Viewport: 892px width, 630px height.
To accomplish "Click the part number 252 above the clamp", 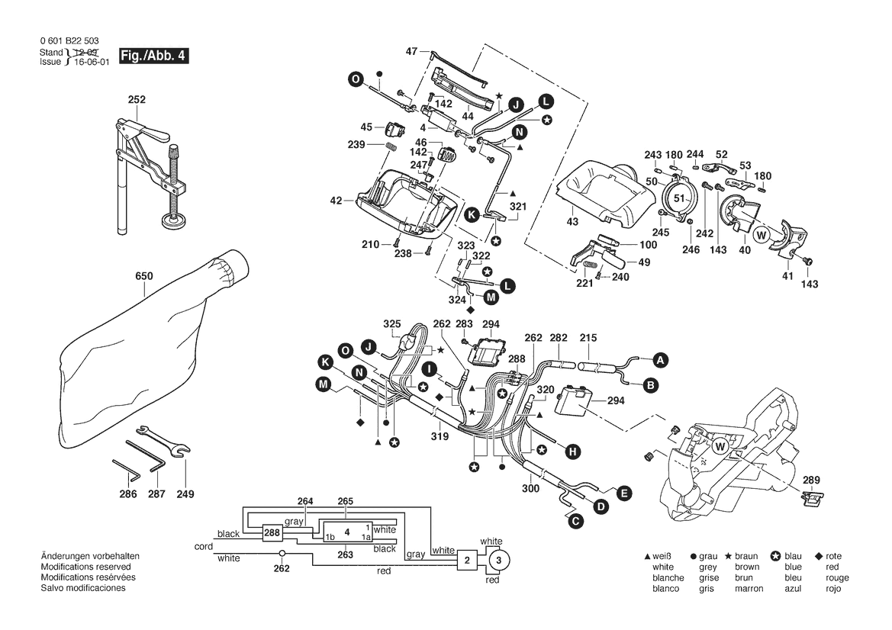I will click(x=137, y=100).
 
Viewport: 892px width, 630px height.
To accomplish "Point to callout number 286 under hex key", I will click(x=128, y=494).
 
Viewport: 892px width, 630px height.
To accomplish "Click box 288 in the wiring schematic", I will click(x=272, y=533).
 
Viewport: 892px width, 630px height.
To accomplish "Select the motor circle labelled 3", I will click(x=498, y=561).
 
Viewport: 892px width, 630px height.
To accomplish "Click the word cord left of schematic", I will click(x=204, y=547).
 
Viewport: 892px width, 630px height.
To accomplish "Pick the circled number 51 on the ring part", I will click(x=679, y=198).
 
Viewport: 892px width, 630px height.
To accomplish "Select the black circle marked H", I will click(x=572, y=452).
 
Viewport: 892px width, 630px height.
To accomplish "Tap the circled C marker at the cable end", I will click(x=574, y=521).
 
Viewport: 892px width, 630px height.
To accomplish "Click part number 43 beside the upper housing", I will click(x=572, y=221).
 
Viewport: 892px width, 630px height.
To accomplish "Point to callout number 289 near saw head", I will click(x=811, y=480).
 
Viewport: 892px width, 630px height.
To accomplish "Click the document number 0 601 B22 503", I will click(x=68, y=41).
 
